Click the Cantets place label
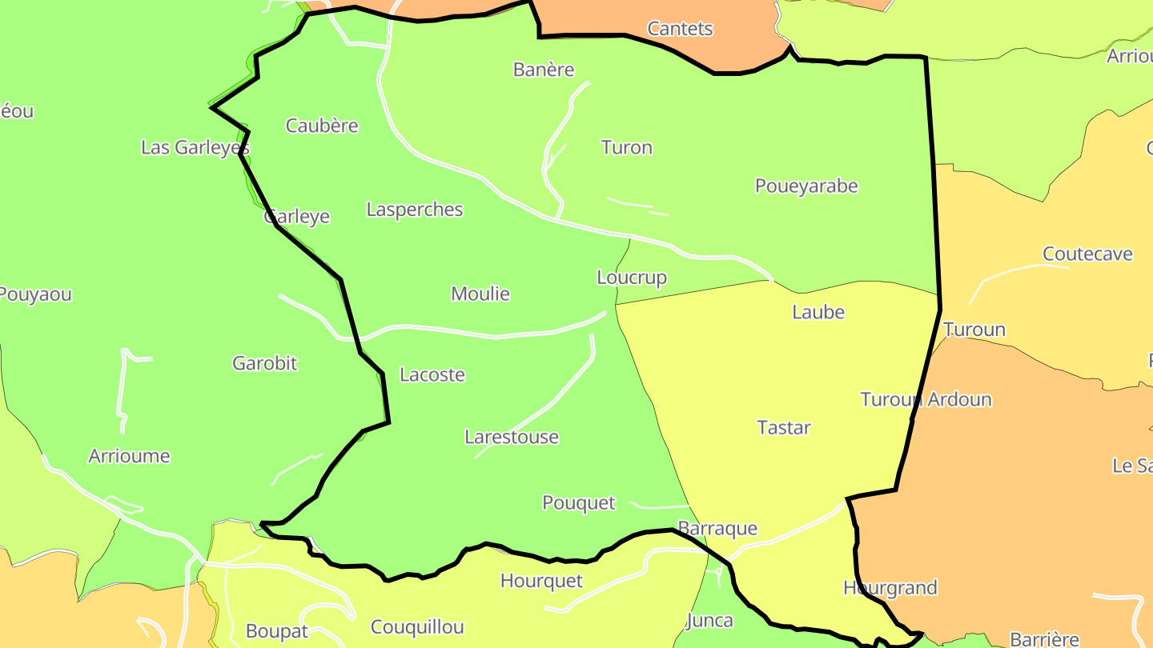[680, 29]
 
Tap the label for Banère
[544, 70]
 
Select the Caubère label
[322, 126]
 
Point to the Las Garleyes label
[195, 147]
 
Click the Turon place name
[626, 147]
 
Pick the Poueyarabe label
[806, 186]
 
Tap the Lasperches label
[415, 210]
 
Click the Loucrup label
[632, 278]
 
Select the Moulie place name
[480, 294]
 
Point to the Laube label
[818, 312]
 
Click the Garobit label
[264, 363]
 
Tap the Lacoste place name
[432, 374]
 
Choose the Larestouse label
[512, 437]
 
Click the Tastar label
[784, 427]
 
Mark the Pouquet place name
[579, 503]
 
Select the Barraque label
[717, 529]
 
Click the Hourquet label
[541, 581]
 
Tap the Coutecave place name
[1087, 254]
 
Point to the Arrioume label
[129, 456]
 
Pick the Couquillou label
[417, 627]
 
